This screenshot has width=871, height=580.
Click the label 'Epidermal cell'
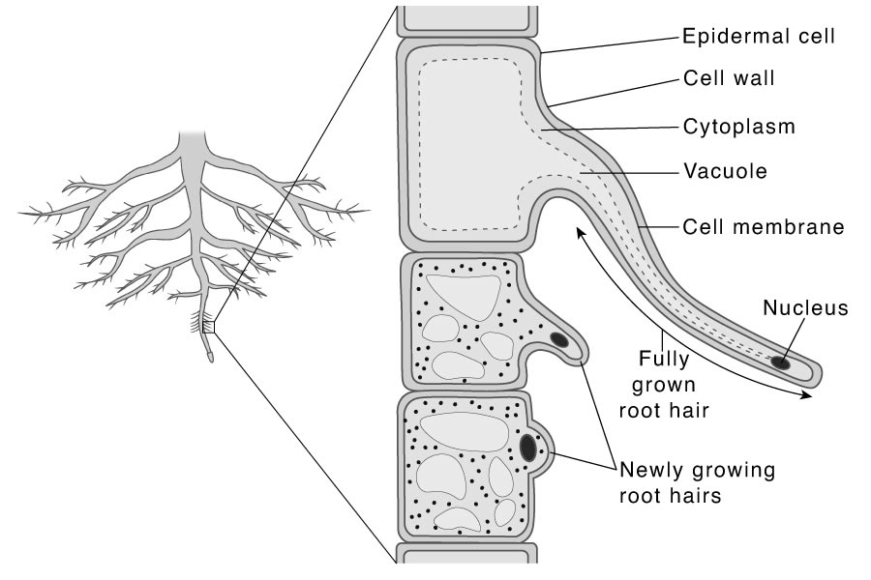point(758,37)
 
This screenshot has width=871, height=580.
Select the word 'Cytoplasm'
point(739,126)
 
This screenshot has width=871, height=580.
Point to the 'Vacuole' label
point(724,171)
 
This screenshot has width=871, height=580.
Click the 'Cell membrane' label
point(763,228)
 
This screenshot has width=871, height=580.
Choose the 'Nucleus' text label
point(805,308)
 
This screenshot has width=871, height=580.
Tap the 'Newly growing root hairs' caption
point(697,483)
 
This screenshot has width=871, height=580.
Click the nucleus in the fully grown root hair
point(779,362)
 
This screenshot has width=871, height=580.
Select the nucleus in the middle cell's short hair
point(559,339)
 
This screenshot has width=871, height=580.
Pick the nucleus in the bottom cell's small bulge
point(528,448)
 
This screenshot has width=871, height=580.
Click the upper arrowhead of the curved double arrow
point(578,230)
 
